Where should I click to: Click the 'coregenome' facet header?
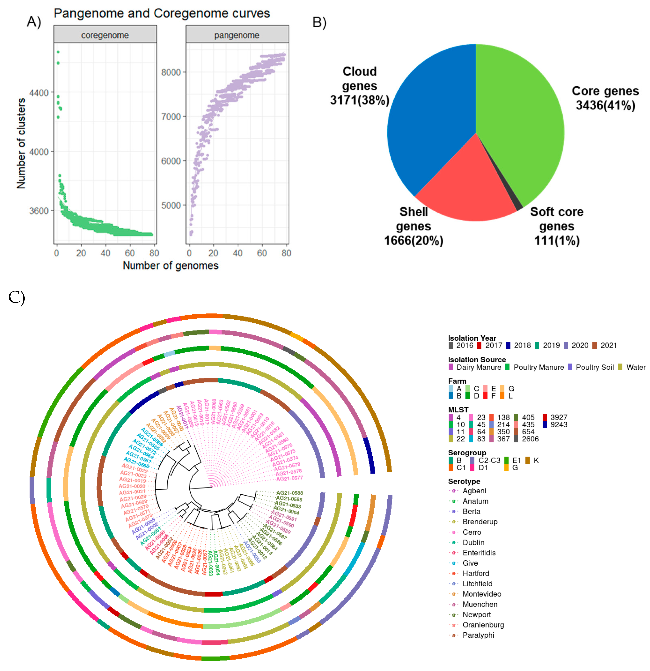pos(105,35)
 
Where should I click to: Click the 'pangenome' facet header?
pos(237,35)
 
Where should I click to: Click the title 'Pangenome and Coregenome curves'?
pos(162,13)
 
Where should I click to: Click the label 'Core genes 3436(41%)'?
pos(605,98)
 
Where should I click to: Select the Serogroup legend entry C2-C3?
pos(489,460)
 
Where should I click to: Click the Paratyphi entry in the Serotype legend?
pos(478,635)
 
